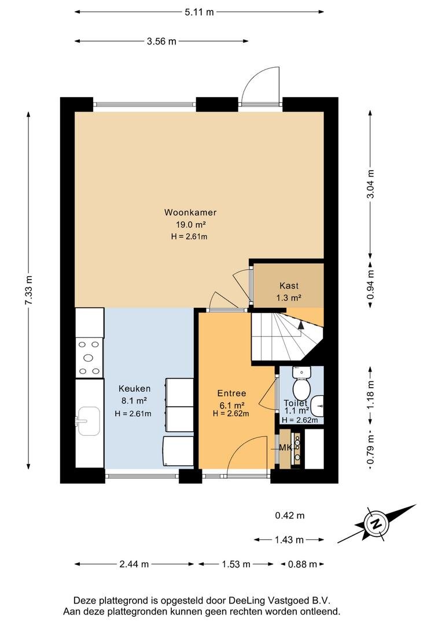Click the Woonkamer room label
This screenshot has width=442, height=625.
pos(190,212)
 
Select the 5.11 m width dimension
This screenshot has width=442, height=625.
pos(199,12)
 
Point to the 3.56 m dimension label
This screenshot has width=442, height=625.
pos(161,41)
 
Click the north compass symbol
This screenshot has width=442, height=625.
pos(376,524)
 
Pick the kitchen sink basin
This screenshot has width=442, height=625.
pos(88,421)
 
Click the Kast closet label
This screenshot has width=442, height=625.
pos(289,285)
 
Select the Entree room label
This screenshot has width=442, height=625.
pos(231,394)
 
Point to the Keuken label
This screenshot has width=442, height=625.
pos(135,389)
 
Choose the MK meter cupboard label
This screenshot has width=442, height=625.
pos(285,447)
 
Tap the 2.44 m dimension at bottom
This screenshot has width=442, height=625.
pos(134,564)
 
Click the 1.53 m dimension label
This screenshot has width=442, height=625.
pos(236,564)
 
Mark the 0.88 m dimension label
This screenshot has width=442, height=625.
pos(302,564)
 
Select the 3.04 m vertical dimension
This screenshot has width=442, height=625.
pos(371,184)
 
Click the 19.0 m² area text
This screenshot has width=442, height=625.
pos(190,225)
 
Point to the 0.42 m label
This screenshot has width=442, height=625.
pos(290,516)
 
